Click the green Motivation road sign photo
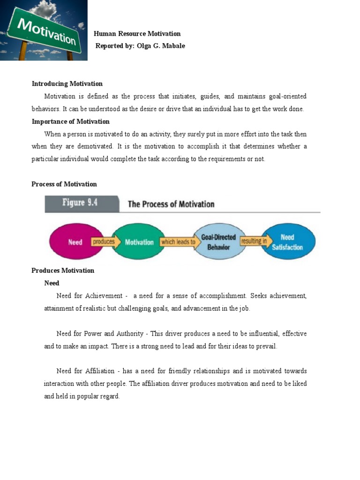coord(44,30)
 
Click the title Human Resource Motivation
coord(137,34)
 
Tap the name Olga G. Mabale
coord(161,46)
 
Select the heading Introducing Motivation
coord(67,84)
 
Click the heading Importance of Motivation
coord(70,121)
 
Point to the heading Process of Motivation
coord(64,184)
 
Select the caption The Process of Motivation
coord(171,204)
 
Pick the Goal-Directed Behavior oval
coord(218,242)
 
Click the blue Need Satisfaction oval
coord(287,242)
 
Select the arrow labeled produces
coord(104,242)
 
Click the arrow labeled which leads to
coord(178,242)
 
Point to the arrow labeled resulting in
coord(254,241)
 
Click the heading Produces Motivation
coord(63,270)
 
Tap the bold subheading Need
coord(52,283)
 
